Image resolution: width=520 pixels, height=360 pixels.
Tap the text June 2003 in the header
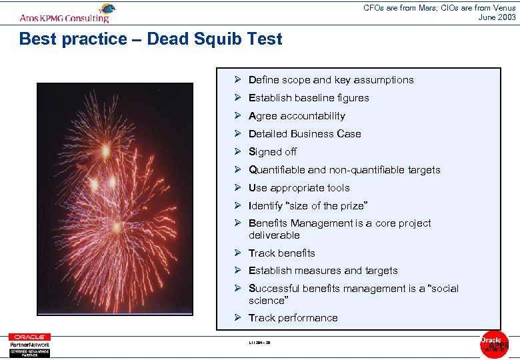tap(497, 17)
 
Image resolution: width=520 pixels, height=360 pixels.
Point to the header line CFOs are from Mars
tap(440, 8)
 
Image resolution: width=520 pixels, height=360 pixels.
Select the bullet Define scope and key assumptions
tap(331, 80)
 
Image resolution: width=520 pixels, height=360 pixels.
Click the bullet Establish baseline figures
tap(309, 98)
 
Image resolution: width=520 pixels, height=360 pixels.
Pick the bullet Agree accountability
tap(297, 116)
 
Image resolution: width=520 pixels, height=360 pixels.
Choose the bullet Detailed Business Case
tap(305, 134)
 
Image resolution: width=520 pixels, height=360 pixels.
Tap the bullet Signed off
tap(273, 152)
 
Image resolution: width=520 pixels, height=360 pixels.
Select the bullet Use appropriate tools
tap(299, 188)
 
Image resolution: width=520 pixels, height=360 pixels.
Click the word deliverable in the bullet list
tap(274, 235)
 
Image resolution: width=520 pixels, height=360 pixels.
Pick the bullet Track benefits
tap(282, 253)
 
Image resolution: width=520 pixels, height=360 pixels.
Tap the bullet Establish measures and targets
tap(323, 271)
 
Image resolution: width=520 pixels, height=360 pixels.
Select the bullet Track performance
tap(293, 318)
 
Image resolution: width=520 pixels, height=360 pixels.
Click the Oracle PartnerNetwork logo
tap(29, 345)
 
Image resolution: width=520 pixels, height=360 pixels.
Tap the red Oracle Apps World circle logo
tap(494, 344)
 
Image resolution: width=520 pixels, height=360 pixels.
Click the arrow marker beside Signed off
tap(237, 151)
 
